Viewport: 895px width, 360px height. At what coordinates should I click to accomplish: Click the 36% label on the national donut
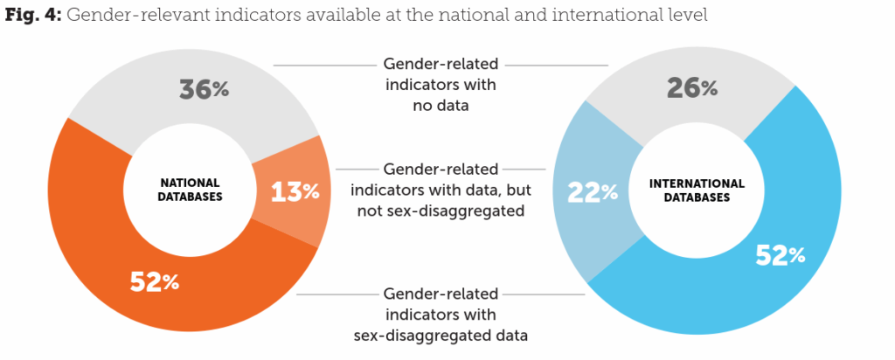pyautogui.click(x=204, y=88)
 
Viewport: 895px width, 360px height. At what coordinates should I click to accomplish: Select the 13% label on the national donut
pyautogui.click(x=294, y=191)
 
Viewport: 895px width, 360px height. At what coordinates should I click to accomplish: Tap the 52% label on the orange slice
pyautogui.click(x=155, y=281)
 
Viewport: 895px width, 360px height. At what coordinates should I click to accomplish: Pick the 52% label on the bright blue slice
pyautogui.click(x=781, y=254)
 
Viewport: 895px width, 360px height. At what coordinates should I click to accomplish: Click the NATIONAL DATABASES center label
pyautogui.click(x=191, y=190)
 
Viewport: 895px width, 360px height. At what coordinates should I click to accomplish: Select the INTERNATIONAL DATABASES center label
pyautogui.click(x=697, y=190)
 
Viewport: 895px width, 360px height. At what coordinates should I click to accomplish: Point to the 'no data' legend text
pyautogui.click(x=441, y=107)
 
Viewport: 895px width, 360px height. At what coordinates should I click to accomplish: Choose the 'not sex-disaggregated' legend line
pyautogui.click(x=441, y=211)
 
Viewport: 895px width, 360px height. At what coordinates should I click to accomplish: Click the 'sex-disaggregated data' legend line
pyautogui.click(x=441, y=335)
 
